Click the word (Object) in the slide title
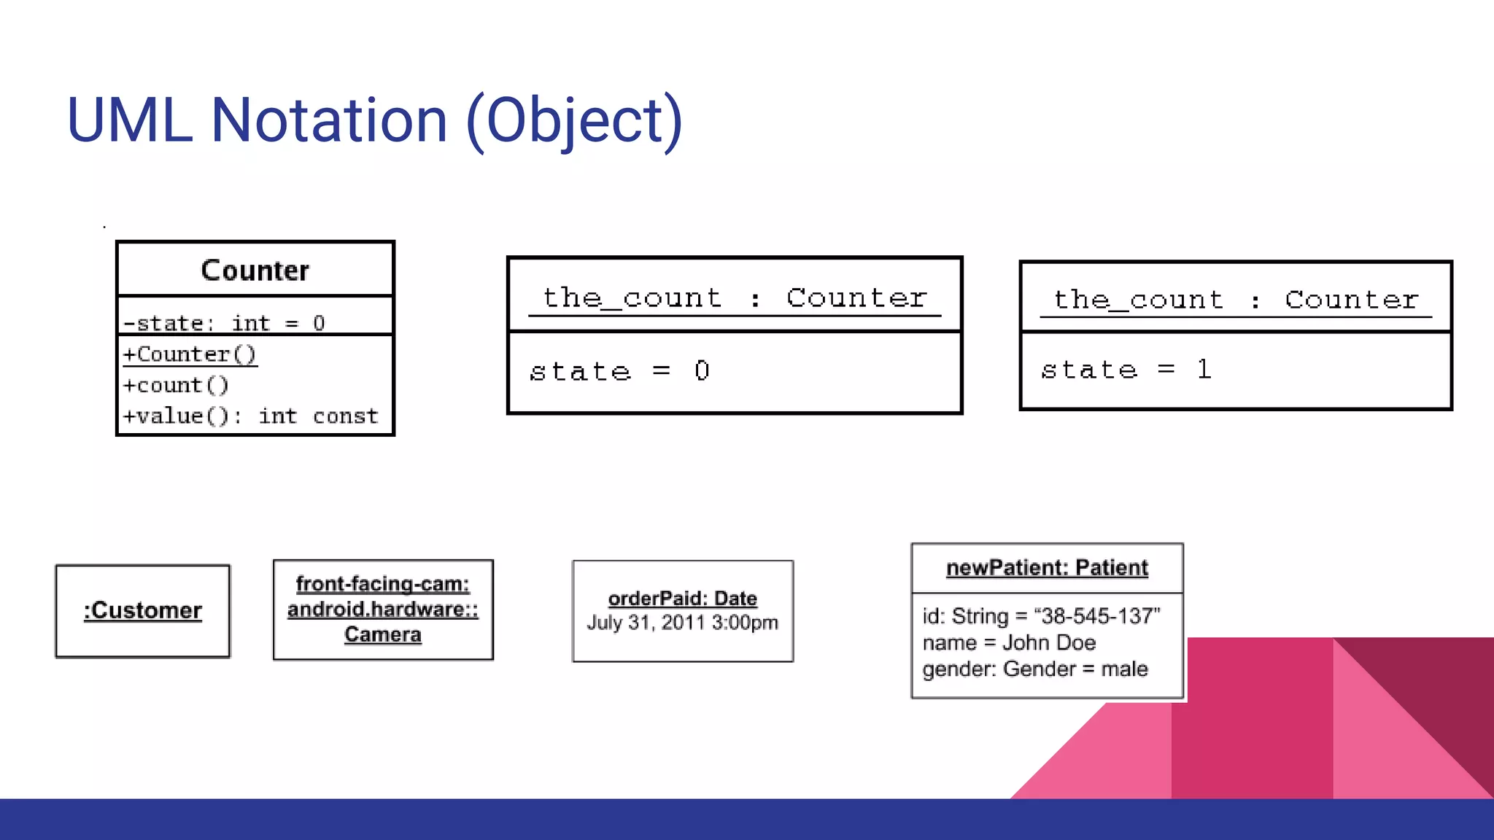(x=574, y=120)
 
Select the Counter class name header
(x=255, y=271)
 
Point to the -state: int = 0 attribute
(x=224, y=323)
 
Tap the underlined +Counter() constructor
(x=190, y=354)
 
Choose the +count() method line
(x=176, y=385)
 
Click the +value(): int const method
(x=250, y=416)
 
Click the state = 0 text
(x=619, y=371)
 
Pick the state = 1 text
(x=1126, y=370)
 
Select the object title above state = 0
(x=734, y=298)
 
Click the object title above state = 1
(x=1236, y=300)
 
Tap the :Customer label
(x=143, y=610)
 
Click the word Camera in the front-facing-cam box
(x=383, y=634)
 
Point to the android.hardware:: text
(x=383, y=609)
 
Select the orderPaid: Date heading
(x=682, y=599)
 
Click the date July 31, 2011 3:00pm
(x=682, y=623)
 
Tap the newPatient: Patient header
(x=1047, y=567)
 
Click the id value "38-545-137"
(x=1096, y=616)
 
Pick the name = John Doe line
(x=1009, y=642)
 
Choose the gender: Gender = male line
(x=1034, y=669)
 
